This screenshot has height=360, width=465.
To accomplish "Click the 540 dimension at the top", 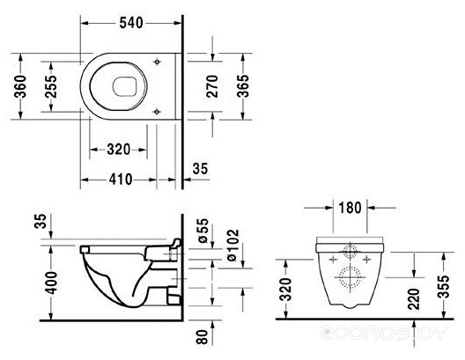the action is (x=131, y=23).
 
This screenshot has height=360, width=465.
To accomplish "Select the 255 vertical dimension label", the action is (x=51, y=86).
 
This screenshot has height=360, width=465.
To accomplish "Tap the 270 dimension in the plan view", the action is (x=212, y=86).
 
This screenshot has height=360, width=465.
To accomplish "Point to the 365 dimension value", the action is (x=243, y=86).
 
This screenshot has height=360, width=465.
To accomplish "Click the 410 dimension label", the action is (x=121, y=180).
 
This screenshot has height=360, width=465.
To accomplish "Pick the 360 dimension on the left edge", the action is (x=20, y=86).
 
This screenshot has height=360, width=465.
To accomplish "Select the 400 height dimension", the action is (x=51, y=283).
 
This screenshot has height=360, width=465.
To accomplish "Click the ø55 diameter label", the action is (x=203, y=231).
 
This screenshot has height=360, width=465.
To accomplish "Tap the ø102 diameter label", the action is (x=232, y=245).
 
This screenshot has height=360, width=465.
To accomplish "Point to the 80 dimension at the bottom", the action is (x=203, y=337).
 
